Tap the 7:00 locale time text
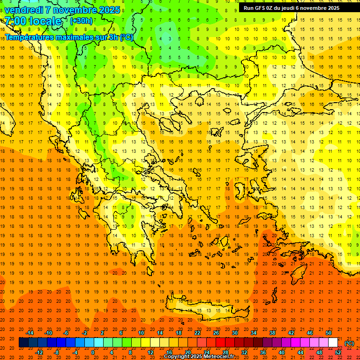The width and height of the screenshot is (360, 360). coord(33,21)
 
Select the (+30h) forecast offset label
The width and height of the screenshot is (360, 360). coord(81,21)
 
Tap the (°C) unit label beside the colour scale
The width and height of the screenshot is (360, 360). coord(349,343)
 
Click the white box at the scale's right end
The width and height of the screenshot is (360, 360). coord(333,343)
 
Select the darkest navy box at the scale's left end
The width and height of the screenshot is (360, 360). coord(23,343)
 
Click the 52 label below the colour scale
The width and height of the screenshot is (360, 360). coord(338,352)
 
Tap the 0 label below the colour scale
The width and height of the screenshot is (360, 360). coord(92,352)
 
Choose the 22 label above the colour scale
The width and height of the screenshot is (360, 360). coord(197,333)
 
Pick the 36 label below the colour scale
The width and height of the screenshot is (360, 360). coord(263,352)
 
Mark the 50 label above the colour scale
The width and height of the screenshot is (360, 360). coord(329,333)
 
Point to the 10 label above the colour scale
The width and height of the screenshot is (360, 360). coord(141,333)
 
